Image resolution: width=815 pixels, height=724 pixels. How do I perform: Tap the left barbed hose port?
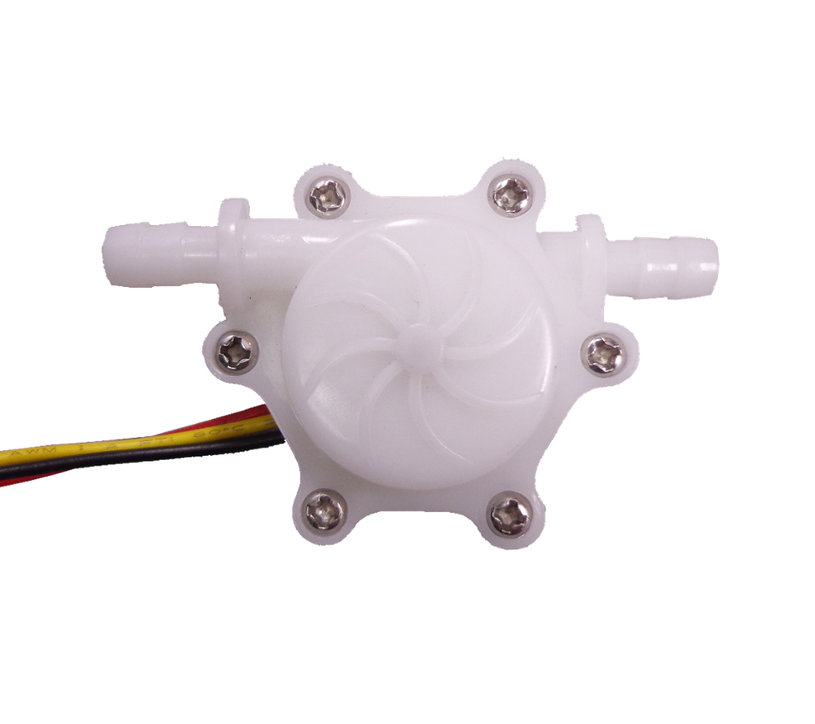click(x=155, y=245)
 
